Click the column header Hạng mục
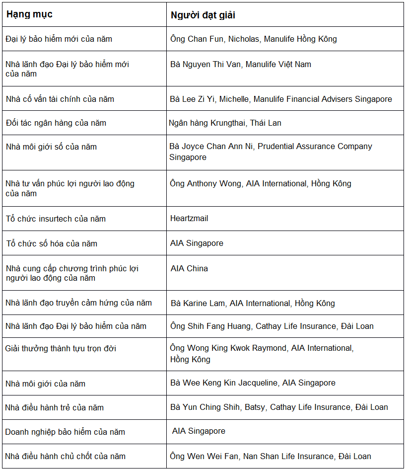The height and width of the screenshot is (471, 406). point(29,14)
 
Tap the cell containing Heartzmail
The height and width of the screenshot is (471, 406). point(189,219)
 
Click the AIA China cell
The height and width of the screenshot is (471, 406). point(189,268)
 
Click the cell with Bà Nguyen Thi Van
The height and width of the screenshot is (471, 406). point(241,64)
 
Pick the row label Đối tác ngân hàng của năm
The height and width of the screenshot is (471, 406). point(56,123)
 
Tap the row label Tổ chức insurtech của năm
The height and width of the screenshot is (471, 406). point(56,219)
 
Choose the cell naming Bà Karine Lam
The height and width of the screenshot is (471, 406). point(253,303)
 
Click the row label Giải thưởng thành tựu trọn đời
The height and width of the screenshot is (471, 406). point(61,348)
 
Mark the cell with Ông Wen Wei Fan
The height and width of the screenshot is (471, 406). point(271,456)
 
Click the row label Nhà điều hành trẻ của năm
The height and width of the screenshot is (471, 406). point(55,407)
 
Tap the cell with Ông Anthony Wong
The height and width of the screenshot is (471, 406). point(261,183)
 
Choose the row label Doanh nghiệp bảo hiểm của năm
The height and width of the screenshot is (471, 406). point(65,432)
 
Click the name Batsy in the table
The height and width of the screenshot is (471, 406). point(255,407)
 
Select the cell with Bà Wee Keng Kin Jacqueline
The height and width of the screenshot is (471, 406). point(253,383)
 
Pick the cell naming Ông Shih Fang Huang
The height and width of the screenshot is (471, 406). point(271,326)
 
